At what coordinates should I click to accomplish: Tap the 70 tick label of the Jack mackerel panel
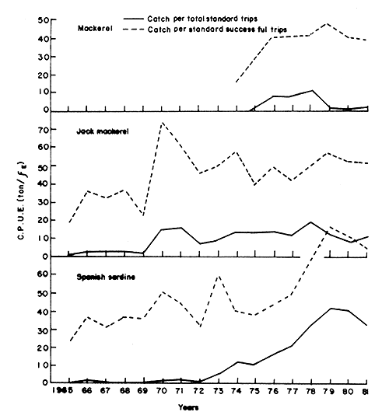coord(51,125)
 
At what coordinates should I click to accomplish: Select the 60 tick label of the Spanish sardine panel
coord(51,274)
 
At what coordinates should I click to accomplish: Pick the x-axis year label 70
coord(160,392)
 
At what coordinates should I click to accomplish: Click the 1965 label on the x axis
coord(60,392)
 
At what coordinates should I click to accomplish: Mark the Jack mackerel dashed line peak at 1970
coord(160,123)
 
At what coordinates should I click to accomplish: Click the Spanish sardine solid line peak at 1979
coord(331,308)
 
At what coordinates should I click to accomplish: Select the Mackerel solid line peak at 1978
coord(312,90)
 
